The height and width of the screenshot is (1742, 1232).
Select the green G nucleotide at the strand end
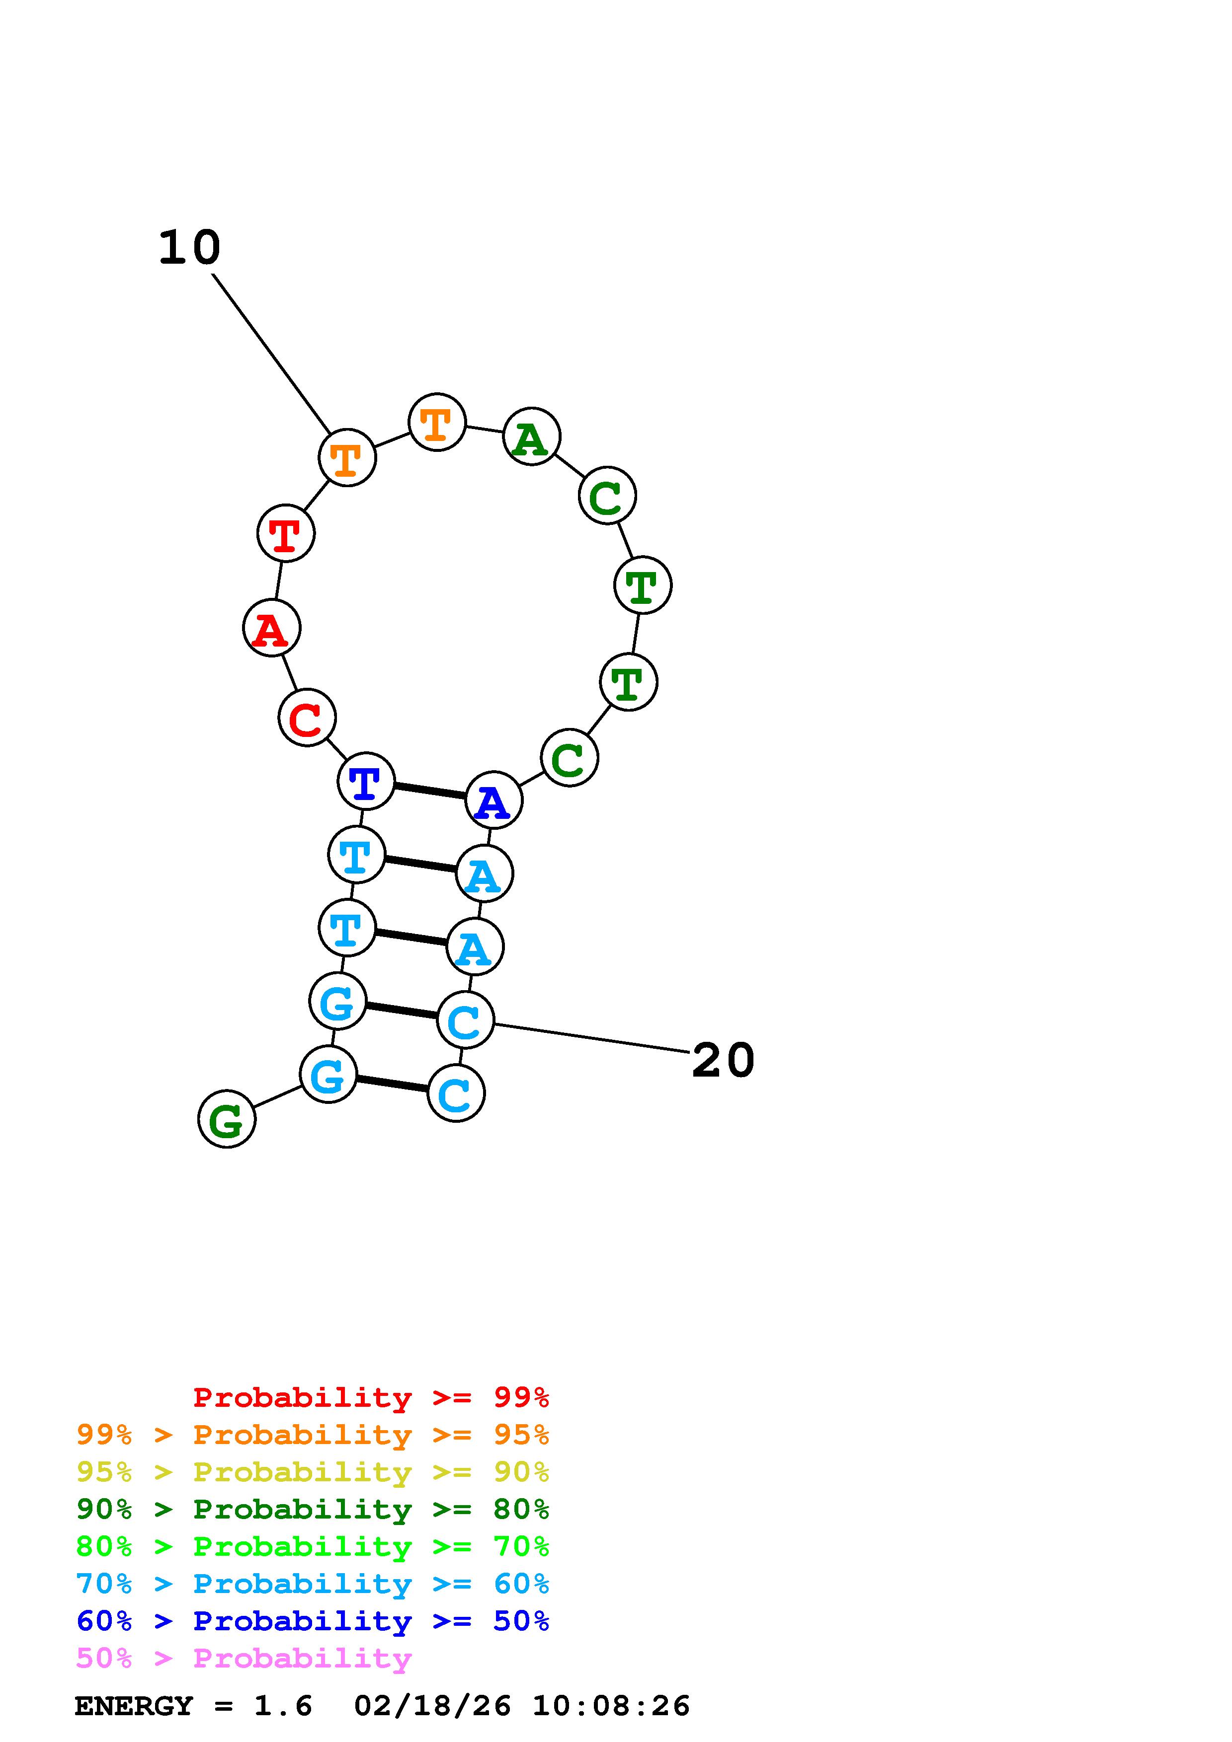(x=226, y=1119)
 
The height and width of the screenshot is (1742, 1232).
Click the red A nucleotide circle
(x=271, y=628)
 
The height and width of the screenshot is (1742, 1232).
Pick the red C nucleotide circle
(x=307, y=718)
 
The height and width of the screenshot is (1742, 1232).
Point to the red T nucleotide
(x=285, y=533)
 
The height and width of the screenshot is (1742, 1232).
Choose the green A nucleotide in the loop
(x=531, y=437)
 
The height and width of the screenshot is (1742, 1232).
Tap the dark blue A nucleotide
(x=493, y=800)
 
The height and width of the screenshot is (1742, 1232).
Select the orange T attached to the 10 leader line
(x=347, y=457)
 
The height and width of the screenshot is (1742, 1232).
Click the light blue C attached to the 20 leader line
(x=465, y=1020)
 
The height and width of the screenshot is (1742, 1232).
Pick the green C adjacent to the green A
(x=606, y=496)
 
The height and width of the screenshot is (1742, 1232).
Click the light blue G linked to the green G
(x=328, y=1074)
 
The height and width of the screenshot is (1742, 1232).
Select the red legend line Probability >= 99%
(x=370, y=1397)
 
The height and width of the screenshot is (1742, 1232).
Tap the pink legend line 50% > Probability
(x=244, y=1659)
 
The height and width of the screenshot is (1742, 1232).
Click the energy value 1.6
(x=282, y=1706)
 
